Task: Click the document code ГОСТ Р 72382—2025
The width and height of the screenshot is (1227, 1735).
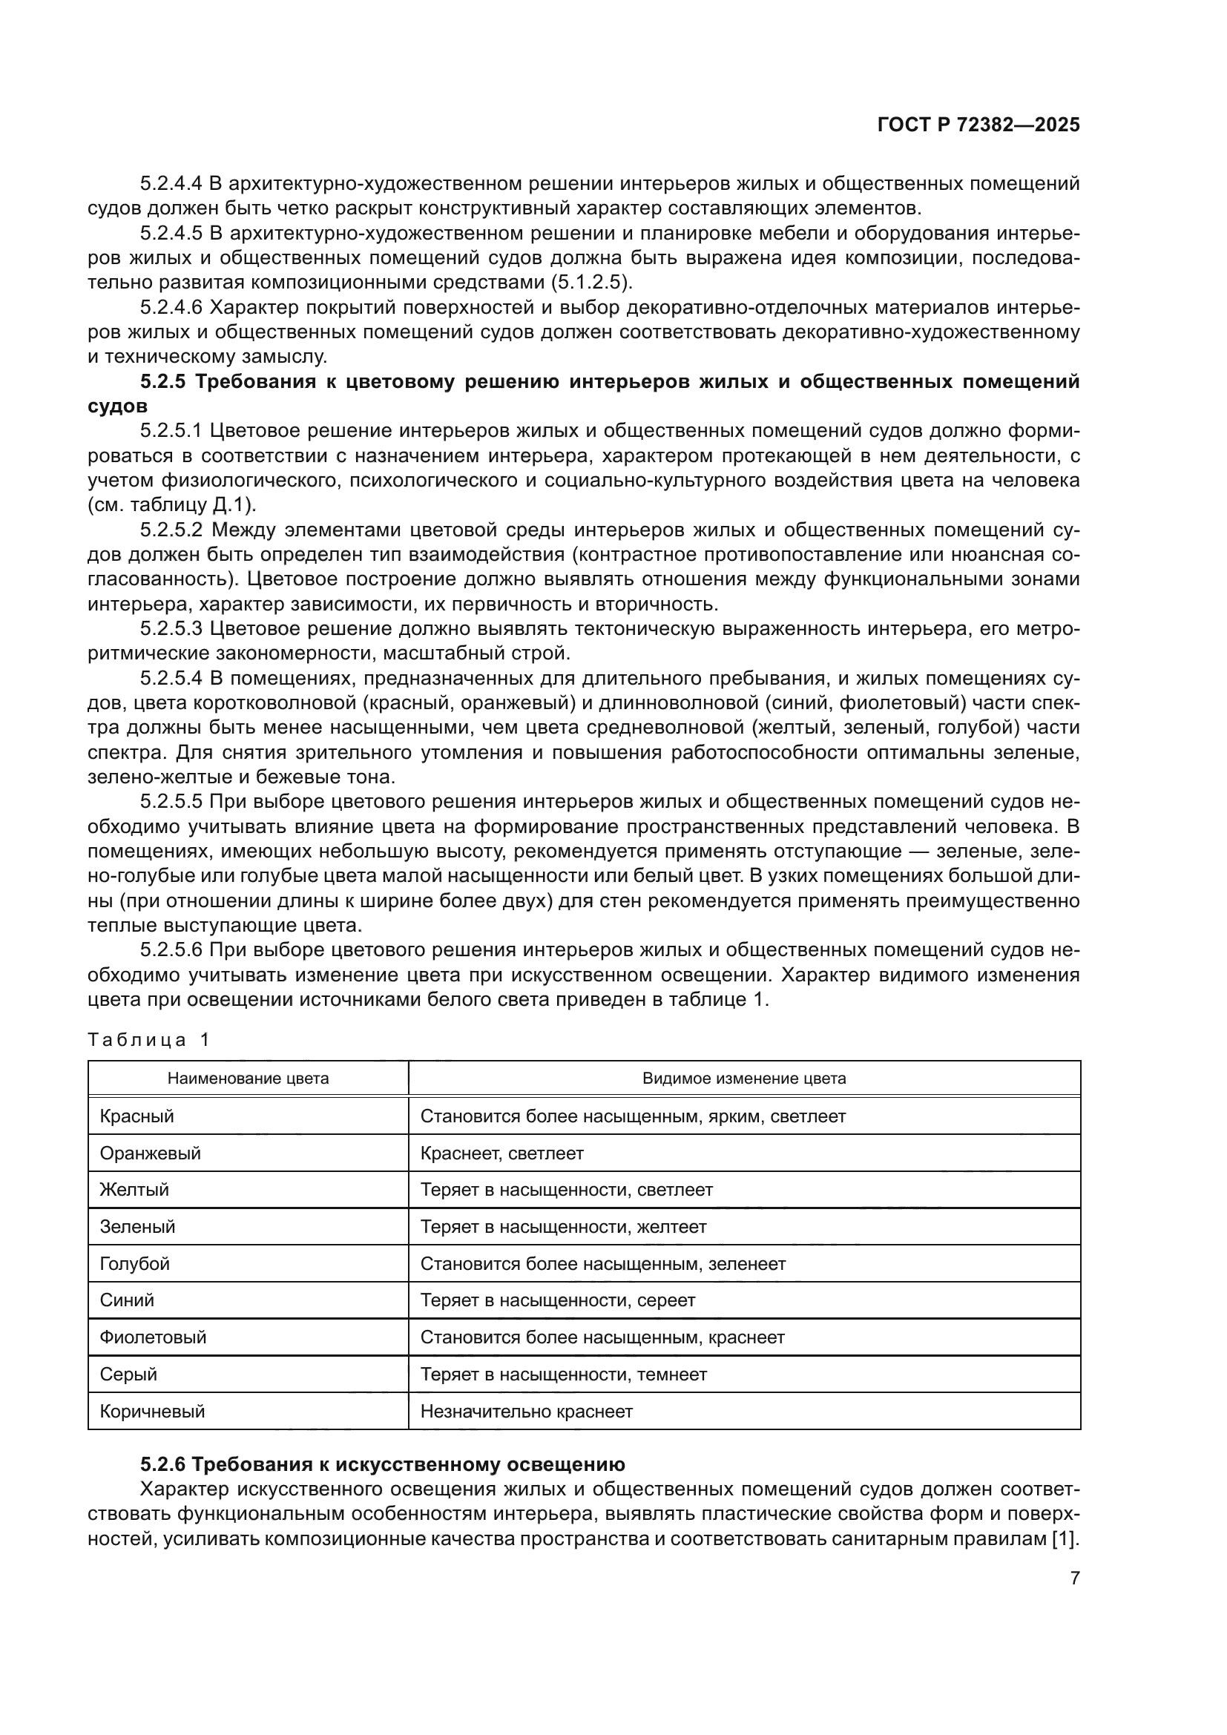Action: (x=978, y=125)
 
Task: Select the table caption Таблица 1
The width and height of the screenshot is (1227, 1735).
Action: (x=148, y=1040)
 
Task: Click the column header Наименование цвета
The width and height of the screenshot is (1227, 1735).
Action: (x=248, y=1079)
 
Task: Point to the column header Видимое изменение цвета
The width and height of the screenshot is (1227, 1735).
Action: (x=743, y=1079)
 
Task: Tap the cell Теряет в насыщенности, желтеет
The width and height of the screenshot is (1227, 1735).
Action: (x=563, y=1226)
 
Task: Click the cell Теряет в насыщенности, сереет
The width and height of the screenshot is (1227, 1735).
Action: (x=558, y=1300)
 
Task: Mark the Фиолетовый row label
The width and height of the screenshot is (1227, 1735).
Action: (x=153, y=1337)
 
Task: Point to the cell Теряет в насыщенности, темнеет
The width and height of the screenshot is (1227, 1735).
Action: (x=563, y=1374)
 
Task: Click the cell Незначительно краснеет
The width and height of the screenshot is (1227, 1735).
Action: (x=526, y=1411)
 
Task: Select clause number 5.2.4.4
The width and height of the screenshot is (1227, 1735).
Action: (x=171, y=184)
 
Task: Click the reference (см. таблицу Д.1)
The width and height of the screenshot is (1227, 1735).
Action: (x=172, y=505)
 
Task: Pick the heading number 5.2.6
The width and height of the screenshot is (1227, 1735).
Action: (x=162, y=1464)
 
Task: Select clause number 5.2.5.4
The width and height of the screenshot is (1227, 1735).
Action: (x=171, y=678)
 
